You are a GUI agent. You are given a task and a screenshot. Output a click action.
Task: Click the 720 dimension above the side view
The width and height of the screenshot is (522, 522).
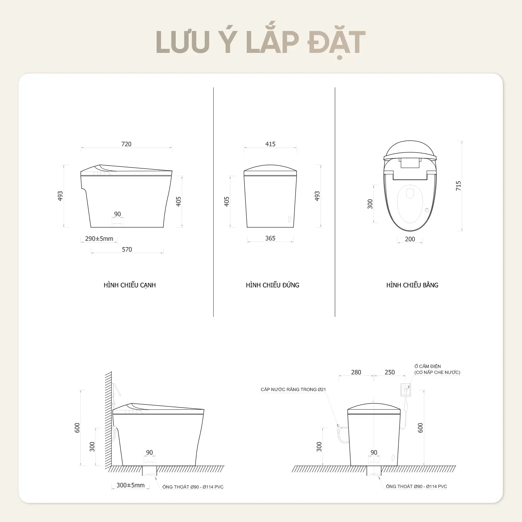click(126, 144)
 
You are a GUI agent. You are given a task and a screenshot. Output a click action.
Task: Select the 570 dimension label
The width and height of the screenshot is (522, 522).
click(127, 250)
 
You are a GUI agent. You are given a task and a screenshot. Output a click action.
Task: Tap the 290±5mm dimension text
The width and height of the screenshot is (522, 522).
click(99, 239)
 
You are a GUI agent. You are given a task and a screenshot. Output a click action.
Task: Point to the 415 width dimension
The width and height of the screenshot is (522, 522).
click(270, 144)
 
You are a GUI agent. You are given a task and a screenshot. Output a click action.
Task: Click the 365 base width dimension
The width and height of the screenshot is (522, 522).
click(270, 238)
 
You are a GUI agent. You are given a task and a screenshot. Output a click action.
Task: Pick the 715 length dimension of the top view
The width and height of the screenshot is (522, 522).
click(458, 185)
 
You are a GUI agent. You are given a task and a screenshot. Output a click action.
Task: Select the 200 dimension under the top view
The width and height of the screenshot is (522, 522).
click(410, 239)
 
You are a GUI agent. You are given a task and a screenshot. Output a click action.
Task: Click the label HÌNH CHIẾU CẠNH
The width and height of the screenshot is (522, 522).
click(130, 285)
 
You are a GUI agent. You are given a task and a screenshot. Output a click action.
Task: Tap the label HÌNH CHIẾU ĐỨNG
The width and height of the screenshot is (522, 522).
click(272, 285)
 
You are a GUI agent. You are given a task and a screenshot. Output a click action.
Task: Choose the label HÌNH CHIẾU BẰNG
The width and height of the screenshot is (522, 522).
click(412, 285)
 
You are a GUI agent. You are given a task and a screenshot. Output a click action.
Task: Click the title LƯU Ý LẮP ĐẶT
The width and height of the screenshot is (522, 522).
click(261, 43)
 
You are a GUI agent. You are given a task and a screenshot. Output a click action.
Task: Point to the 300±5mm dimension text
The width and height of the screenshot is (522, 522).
click(130, 485)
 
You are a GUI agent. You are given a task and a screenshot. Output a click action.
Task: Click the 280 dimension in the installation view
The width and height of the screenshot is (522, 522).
click(356, 372)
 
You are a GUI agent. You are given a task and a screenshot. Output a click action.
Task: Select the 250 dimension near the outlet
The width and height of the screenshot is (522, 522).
click(390, 372)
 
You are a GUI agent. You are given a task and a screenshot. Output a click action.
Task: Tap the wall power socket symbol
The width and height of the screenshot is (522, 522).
click(406, 389)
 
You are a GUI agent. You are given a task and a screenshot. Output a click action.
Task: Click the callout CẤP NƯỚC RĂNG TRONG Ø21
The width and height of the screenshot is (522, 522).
click(293, 389)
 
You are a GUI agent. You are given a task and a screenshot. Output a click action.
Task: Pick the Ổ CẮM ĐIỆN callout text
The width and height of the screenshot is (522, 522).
click(428, 366)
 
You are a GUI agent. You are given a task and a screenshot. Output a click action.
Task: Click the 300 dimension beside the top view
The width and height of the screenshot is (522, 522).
click(370, 204)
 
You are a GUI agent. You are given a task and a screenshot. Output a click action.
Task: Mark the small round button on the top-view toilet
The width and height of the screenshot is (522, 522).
click(427, 210)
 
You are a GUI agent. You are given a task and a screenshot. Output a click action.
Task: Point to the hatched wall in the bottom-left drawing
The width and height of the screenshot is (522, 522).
click(109, 419)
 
